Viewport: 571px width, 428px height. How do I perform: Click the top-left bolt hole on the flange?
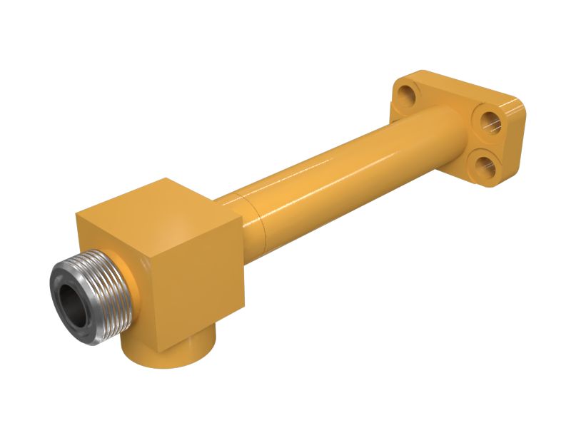(x=407, y=93)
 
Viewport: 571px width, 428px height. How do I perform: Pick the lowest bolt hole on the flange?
(x=487, y=163)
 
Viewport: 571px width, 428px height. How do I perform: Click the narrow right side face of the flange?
(x=515, y=143)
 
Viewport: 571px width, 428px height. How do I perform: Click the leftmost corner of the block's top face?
(x=76, y=211)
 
